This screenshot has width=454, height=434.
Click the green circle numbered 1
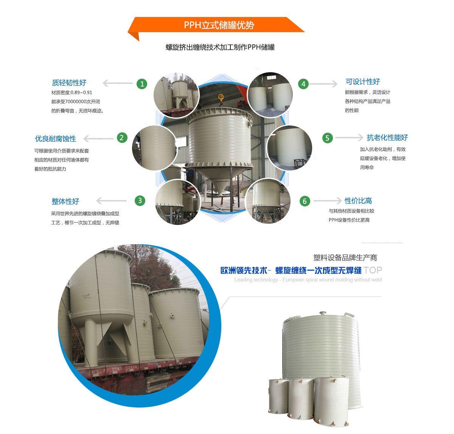pos(142,84)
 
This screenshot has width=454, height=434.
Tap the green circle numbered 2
pos(122,138)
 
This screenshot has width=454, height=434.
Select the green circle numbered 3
pos(140,200)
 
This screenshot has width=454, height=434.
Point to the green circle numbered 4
pos(303,84)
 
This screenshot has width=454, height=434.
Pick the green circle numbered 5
pos(327,138)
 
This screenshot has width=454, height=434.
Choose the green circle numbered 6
pos(305,201)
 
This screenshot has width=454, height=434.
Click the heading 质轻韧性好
pos(69,82)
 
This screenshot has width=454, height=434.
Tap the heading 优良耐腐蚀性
pos(56,139)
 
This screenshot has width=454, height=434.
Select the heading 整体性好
pos(65,201)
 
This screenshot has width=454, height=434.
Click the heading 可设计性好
pos(362,82)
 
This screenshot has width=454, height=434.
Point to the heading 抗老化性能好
pos(387,138)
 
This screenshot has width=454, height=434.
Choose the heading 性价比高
pos(358,200)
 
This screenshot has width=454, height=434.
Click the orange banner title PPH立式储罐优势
pos(219,25)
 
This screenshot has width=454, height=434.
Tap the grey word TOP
pos(373,270)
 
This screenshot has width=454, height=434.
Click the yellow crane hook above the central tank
pos(221,98)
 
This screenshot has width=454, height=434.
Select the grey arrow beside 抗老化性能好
pos(349,138)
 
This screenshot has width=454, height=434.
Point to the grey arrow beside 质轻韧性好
pos(118,83)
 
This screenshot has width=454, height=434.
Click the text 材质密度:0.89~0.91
pos(72,93)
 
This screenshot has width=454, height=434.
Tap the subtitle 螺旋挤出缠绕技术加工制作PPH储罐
pos(220,47)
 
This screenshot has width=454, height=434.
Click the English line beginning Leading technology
pos(308,280)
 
